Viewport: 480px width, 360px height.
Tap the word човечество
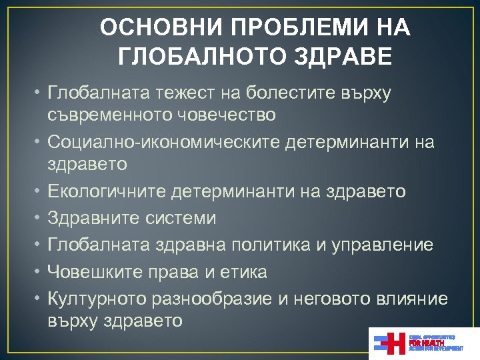[225, 115]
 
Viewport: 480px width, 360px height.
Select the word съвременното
[110, 115]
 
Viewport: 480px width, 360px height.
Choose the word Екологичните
[107, 191]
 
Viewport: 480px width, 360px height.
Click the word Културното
[100, 298]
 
